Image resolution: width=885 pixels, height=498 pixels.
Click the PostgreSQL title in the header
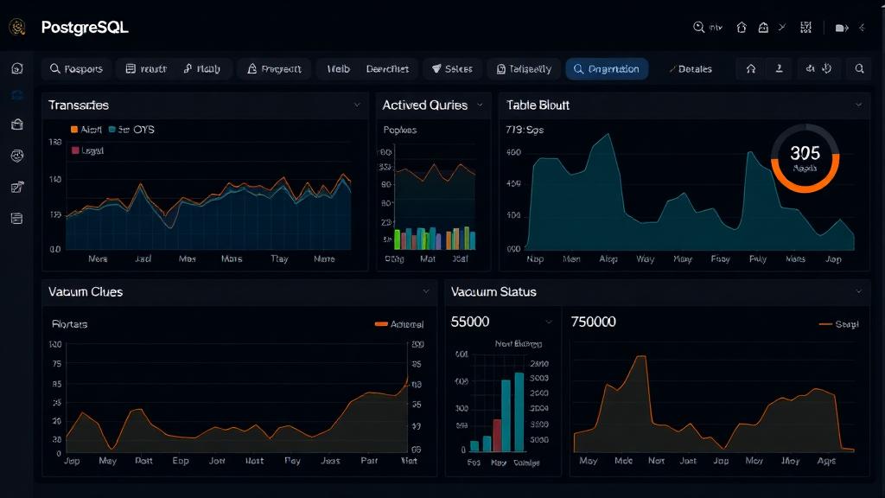[84, 28]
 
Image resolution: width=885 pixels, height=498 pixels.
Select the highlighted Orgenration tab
[607, 69]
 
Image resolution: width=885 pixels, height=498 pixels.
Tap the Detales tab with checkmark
[691, 69]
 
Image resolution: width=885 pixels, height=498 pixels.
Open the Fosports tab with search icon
[76, 69]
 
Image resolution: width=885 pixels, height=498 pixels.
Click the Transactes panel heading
[79, 105]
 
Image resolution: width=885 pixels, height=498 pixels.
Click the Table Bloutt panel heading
[538, 105]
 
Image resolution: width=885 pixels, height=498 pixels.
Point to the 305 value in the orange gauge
[805, 154]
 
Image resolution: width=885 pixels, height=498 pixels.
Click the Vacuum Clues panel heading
[86, 292]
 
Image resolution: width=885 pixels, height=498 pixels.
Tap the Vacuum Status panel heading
[493, 292]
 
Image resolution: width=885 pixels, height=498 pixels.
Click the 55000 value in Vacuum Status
[470, 322]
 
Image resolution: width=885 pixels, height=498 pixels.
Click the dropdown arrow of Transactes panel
[357, 105]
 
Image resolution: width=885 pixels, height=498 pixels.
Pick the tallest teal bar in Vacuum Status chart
[519, 412]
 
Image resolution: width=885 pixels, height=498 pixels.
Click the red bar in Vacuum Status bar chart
[497, 436]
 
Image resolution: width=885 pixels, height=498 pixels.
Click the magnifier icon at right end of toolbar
[859, 69]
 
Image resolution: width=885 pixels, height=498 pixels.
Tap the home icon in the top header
[741, 28]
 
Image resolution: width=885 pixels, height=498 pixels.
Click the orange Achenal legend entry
[398, 324]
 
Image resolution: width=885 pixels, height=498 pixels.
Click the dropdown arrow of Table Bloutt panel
[858, 105]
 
